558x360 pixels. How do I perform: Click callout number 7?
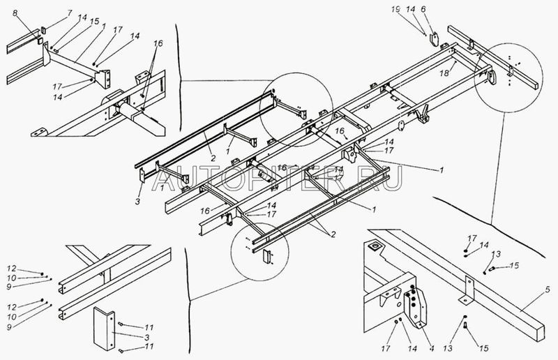68,13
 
